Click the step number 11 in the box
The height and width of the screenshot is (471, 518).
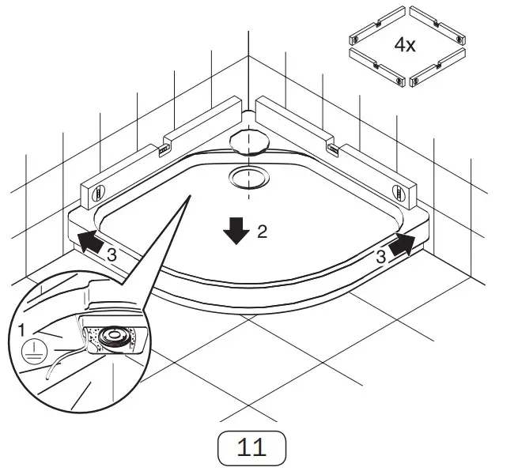[x=251, y=448]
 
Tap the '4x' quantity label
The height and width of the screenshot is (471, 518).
[x=405, y=44]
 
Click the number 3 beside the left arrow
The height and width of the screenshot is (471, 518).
[x=112, y=254]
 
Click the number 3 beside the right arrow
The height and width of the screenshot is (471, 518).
[x=380, y=256]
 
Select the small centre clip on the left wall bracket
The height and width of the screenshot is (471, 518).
[x=164, y=148]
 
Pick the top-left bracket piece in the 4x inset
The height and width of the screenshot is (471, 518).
[x=376, y=27]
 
